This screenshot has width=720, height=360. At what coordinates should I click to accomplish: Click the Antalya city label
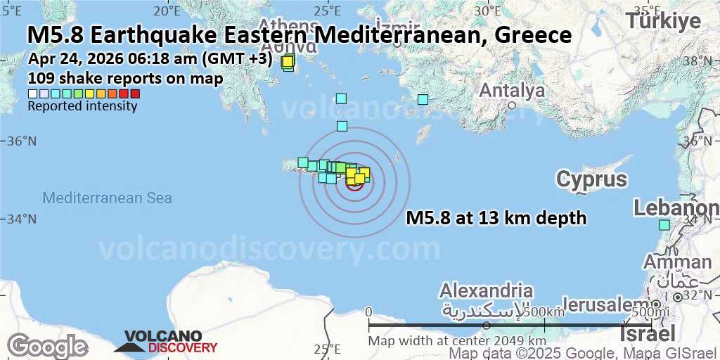(511, 91)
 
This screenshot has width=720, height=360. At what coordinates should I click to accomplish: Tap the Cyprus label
(591, 179)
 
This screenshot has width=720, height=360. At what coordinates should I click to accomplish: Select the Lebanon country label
(676, 208)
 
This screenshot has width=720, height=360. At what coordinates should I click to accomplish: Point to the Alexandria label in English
(486, 290)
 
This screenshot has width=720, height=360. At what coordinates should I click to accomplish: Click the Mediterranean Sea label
(107, 198)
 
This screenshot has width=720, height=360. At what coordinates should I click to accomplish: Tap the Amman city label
(677, 262)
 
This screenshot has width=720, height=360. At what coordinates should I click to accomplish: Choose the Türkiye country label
(663, 20)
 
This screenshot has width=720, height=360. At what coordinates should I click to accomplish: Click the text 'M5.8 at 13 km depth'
(496, 219)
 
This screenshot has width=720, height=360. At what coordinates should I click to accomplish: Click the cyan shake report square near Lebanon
(664, 225)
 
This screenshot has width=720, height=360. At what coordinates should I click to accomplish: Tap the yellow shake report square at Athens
(288, 62)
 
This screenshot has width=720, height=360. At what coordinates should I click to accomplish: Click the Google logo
(47, 346)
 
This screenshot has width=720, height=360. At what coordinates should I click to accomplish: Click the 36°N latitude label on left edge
(21, 141)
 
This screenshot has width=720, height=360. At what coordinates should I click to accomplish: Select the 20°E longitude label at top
(167, 10)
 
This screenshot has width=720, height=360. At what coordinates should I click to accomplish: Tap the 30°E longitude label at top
(487, 10)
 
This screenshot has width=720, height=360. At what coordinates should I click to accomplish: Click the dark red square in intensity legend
(135, 94)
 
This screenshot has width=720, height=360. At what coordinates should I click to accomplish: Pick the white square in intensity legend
(32, 94)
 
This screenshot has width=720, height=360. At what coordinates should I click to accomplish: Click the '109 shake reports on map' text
(125, 78)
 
